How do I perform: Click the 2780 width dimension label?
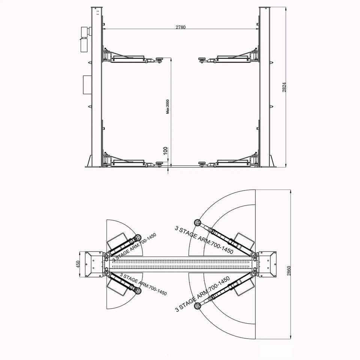point(180,27)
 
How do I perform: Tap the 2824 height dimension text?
point(284,87)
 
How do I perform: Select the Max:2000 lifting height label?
point(168,106)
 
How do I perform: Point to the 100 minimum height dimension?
point(165,151)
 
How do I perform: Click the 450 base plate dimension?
point(78,264)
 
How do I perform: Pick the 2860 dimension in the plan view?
point(289,271)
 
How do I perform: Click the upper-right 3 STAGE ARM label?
point(204,240)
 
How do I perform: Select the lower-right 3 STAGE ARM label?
point(202,294)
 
